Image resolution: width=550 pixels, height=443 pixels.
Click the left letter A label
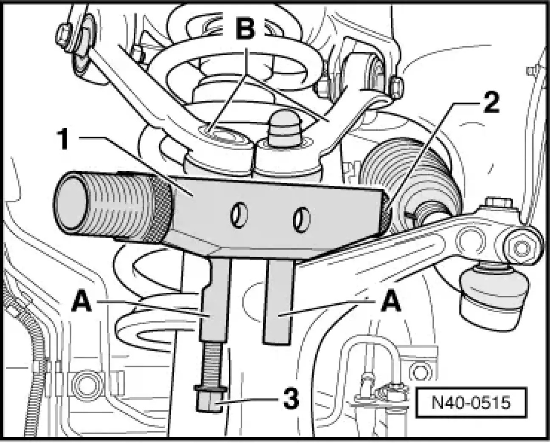tap(82, 302)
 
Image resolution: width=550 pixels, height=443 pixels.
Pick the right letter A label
tap(391, 302)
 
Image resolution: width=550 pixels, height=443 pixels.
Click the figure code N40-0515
tap(471, 402)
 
